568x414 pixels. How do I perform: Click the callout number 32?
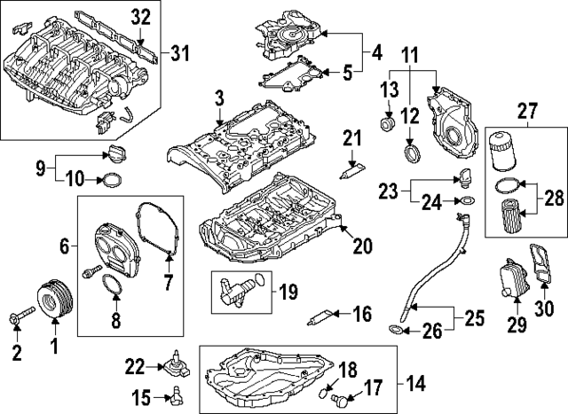(x=141, y=16)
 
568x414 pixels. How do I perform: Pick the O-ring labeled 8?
(x=111, y=287)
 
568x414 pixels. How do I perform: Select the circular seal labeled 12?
(x=412, y=155)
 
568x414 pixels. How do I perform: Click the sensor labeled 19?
(x=237, y=287)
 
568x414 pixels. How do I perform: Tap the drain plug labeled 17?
(x=341, y=401)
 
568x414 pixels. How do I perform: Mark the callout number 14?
(x=414, y=384)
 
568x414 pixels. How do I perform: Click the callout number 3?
(x=219, y=95)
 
